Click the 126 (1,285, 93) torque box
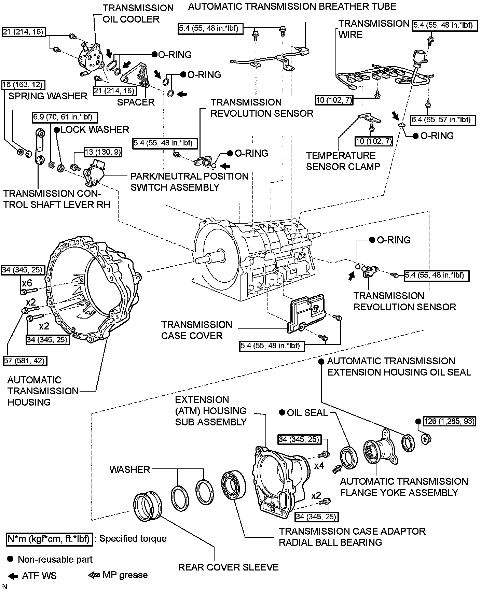(x=449, y=421)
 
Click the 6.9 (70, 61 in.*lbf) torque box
(x=65, y=118)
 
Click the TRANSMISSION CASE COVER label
(x=196, y=330)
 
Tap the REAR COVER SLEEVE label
(x=228, y=567)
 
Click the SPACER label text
(x=136, y=102)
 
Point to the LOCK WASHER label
(x=95, y=129)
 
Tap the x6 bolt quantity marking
(x=27, y=283)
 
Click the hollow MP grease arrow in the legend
(x=94, y=575)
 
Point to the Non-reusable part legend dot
(x=10, y=559)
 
